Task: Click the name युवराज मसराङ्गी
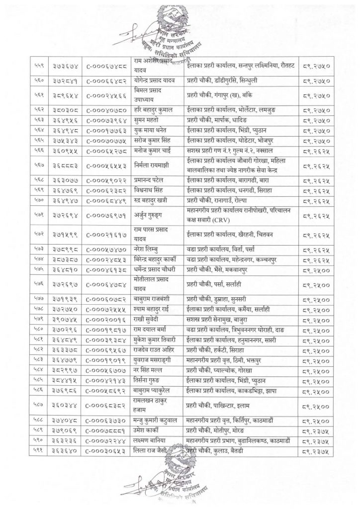pos(158,362)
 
